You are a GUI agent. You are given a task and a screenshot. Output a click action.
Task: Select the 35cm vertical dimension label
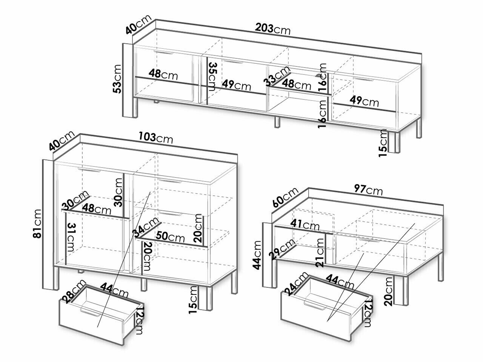212,77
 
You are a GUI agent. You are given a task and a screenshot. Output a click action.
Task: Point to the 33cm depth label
277,75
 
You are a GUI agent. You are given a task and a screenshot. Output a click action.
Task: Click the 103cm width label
156,138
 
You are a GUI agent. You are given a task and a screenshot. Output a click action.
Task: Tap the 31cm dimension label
71,238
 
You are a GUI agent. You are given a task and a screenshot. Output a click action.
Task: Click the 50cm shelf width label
170,237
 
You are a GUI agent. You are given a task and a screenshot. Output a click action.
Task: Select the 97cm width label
368,190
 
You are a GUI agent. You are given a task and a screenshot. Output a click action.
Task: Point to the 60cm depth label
285,197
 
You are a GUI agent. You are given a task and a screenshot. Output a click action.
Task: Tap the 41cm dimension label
305,225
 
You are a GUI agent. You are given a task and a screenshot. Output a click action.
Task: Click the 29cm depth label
282,248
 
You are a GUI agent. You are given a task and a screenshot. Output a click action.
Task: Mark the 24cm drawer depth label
296,284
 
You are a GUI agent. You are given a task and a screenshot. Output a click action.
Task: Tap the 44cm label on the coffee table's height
257,255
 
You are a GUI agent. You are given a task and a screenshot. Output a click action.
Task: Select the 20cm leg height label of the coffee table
388,291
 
